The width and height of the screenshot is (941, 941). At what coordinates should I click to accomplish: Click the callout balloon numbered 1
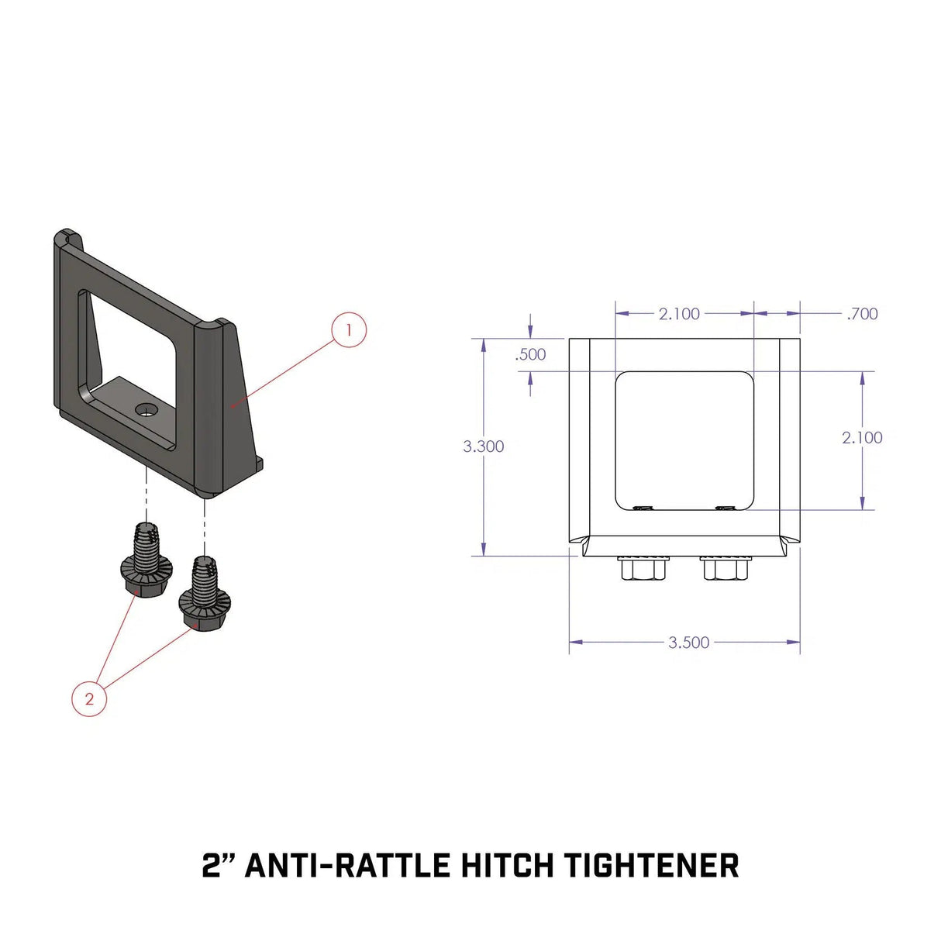pyautogui.click(x=349, y=329)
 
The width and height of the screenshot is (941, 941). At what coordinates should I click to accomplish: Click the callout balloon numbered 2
pyautogui.click(x=89, y=698)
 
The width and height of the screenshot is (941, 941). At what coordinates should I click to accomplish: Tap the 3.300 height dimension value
pyautogui.click(x=484, y=446)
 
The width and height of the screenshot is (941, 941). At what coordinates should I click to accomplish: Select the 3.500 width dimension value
pyautogui.click(x=689, y=643)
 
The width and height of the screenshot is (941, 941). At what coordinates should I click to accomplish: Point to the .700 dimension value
pyautogui.click(x=863, y=314)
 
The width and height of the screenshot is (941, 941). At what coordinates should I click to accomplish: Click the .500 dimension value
pyautogui.click(x=531, y=355)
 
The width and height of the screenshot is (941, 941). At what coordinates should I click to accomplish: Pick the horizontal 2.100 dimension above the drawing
pyautogui.click(x=679, y=314)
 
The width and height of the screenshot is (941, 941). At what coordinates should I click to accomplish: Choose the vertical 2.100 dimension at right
pyautogui.click(x=863, y=438)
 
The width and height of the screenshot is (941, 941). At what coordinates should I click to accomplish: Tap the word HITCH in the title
pyautogui.click(x=507, y=865)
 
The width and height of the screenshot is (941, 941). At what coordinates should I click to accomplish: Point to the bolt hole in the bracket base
pyautogui.click(x=144, y=408)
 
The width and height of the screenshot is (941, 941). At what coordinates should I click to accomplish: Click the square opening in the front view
pyautogui.click(x=684, y=440)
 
